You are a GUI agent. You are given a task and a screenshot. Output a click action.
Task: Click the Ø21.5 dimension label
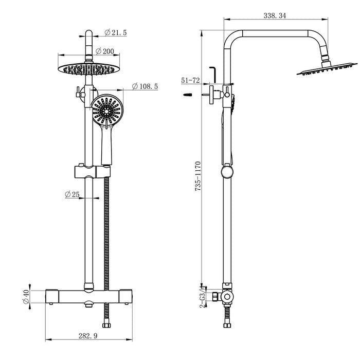coord(116,33)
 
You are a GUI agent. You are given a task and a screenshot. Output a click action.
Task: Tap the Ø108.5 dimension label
coord(144,86)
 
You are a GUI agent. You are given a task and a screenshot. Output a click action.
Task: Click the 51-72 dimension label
coord(190,81)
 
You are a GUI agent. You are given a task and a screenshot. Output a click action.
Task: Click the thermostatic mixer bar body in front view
coord(89,295)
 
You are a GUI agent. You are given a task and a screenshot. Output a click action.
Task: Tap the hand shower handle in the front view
coord(106,147)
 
